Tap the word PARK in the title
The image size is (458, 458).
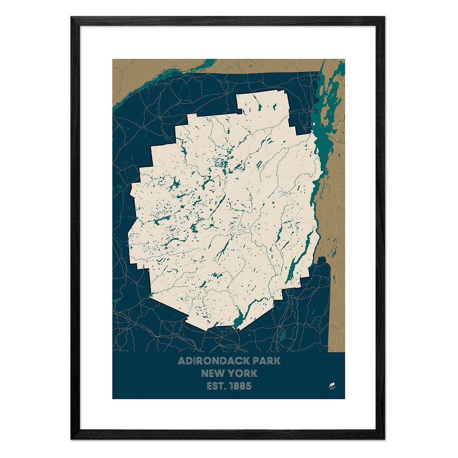(265, 361)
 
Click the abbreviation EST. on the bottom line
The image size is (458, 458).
(216, 386)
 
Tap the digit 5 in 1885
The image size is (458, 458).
(249, 386)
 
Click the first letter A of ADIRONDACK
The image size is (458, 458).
(181, 361)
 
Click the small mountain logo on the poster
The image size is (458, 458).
(332, 386)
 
